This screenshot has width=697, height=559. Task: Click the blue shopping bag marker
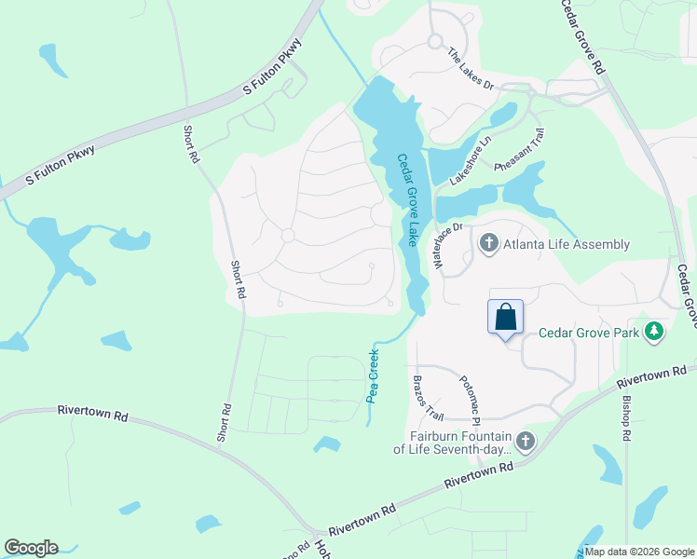[505, 317]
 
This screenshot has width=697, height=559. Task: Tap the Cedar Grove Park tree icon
[655, 332]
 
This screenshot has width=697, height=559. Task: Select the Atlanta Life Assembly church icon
[488, 244]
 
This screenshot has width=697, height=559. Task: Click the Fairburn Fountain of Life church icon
[526, 441]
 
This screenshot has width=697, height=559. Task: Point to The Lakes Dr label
[470, 69]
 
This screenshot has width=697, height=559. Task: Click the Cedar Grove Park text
[593, 333]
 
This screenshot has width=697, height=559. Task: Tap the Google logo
[31, 548]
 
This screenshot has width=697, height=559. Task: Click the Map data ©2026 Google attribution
[639, 552]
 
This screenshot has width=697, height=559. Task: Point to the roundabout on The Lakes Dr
[434, 41]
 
